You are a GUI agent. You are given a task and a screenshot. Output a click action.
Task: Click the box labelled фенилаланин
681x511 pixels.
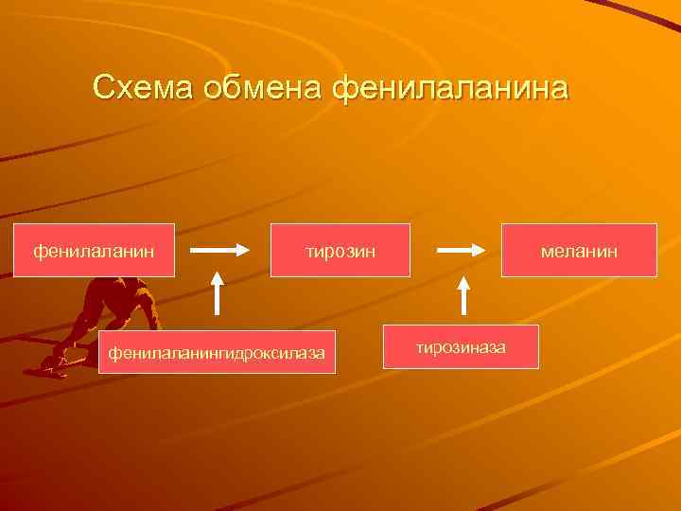click(x=94, y=250)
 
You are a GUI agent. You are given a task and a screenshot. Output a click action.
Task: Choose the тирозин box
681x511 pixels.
click(x=340, y=250)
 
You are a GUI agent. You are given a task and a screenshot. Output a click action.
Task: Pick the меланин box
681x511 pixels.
click(x=579, y=250)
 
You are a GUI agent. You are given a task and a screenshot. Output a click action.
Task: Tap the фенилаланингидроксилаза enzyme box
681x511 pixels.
click(x=217, y=353)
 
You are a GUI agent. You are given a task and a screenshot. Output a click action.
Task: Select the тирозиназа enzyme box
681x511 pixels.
click(x=461, y=346)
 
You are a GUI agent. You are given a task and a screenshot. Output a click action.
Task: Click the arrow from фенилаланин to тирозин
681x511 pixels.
click(x=219, y=250)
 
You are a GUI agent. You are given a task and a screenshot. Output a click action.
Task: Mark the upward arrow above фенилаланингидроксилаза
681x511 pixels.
click(x=217, y=293)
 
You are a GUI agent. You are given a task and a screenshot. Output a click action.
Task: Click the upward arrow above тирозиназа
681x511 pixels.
click(x=463, y=295)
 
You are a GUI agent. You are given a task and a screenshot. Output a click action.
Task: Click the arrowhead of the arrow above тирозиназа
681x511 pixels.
click(x=463, y=283)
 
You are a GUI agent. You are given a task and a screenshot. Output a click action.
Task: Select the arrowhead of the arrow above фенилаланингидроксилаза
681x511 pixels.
click(x=217, y=279)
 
